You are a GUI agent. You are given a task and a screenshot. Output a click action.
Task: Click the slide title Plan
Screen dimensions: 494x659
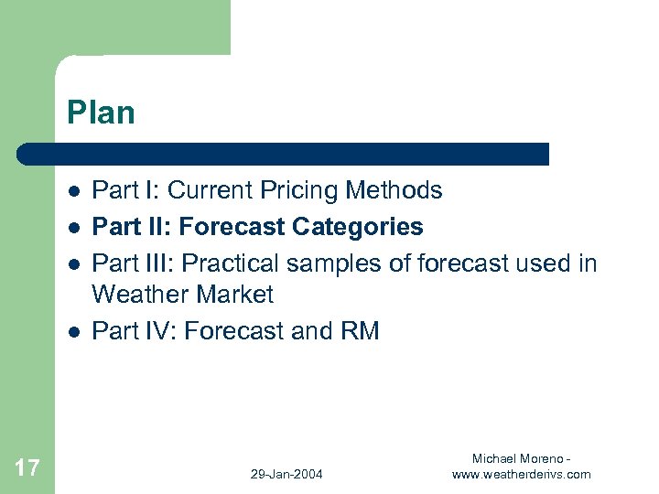coord(101,113)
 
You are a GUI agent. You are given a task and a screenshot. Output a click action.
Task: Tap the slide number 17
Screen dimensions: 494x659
coord(27,469)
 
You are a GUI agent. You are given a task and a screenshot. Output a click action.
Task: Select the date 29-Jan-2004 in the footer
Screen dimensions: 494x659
coord(286,474)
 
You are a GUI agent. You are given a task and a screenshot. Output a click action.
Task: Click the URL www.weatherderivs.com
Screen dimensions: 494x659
coord(522,474)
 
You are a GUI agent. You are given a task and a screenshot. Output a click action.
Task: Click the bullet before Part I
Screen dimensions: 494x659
coord(71,191)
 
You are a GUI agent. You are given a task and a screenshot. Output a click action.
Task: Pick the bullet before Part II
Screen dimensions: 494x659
coord(71,227)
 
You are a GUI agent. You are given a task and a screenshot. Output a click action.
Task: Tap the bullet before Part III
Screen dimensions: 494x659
coord(71,263)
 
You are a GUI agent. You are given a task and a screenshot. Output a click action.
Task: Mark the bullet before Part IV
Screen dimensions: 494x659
coord(71,331)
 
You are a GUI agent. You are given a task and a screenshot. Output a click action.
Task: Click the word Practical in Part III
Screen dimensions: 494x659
coord(232,263)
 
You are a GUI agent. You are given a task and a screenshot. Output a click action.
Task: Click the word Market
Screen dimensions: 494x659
coord(235,295)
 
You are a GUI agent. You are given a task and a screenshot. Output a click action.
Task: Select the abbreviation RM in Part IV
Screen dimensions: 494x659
coord(359,330)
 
